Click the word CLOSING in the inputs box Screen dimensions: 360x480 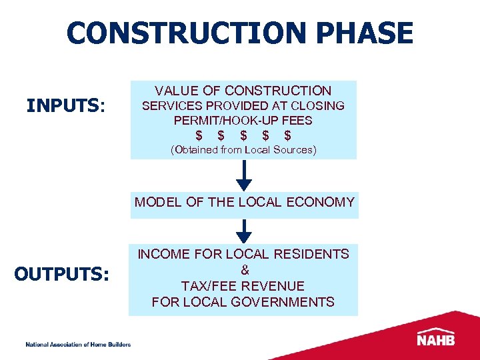click(x=321, y=106)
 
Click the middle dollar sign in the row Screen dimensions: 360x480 click(x=243, y=135)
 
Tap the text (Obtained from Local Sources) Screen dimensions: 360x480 click(x=243, y=150)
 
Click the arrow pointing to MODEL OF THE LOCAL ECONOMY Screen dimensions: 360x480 click(x=245, y=176)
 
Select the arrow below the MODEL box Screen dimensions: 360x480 click(x=245, y=231)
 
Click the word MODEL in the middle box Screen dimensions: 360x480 click(x=155, y=202)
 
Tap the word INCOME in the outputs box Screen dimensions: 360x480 click(x=161, y=254)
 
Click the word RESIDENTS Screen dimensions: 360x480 click(x=313, y=254)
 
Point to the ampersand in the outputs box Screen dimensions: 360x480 click(x=244, y=270)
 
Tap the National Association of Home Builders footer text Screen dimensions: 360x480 click(x=78, y=344)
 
